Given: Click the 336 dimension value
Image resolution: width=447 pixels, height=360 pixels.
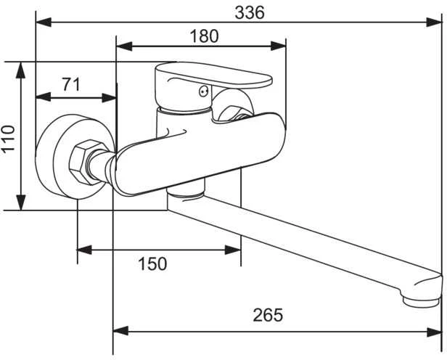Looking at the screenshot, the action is tap(250, 13).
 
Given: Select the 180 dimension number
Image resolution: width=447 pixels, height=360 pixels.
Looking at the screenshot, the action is tap(204, 36).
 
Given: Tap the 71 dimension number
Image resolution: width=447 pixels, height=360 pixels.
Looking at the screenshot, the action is tap(71, 84).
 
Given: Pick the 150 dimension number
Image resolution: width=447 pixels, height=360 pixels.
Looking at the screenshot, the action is tap(152, 263).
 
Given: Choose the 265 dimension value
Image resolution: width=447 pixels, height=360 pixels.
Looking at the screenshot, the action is tap(268, 315).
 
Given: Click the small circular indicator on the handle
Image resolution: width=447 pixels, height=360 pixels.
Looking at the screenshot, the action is tap(203, 91).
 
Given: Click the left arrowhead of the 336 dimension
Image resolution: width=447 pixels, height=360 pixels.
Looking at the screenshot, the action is tap(44, 22).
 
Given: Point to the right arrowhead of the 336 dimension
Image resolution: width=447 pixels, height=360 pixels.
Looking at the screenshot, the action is tap(434, 22).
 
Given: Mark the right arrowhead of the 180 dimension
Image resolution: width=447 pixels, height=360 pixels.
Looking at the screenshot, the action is tap(278, 46).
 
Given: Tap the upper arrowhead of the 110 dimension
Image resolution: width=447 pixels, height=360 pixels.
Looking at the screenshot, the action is tap(21, 70).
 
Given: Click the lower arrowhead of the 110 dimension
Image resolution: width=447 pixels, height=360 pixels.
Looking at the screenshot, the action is tap(21, 202).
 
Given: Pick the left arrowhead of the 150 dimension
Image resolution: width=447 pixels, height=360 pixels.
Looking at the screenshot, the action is tap(85, 250).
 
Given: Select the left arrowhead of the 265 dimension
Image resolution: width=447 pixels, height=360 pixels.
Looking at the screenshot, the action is tap(121, 332).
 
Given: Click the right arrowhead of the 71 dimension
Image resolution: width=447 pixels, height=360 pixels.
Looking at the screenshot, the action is tap(109, 98).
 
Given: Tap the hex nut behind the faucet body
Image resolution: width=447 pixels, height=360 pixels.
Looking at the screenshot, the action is tap(232, 113).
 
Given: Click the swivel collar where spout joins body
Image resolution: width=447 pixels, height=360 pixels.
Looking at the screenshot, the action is tap(185, 195).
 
